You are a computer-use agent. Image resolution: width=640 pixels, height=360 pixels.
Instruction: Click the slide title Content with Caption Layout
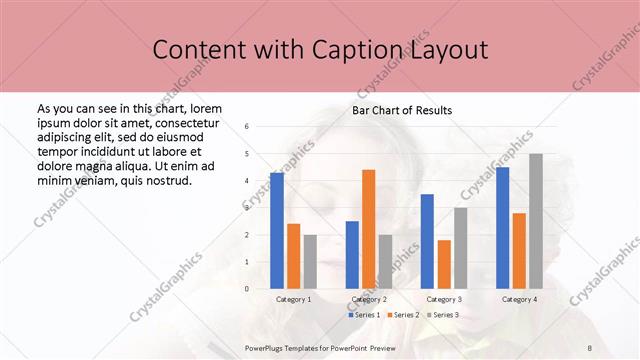click(x=320, y=49)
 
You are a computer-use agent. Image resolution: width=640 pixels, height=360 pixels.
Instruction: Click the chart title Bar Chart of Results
click(x=402, y=110)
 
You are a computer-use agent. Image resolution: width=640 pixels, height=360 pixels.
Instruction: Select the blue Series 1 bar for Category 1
click(x=277, y=231)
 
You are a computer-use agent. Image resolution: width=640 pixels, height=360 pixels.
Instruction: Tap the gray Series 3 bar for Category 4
click(x=536, y=221)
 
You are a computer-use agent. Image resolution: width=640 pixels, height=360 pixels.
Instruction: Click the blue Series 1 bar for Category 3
click(x=427, y=241)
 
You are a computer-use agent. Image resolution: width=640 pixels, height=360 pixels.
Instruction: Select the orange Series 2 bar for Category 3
click(x=444, y=264)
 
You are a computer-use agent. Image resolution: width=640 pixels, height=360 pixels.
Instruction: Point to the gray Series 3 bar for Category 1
click(x=310, y=261)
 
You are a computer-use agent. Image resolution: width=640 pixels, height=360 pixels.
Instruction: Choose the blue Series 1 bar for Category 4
click(x=502, y=228)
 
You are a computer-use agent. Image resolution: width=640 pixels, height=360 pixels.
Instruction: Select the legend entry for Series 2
click(x=404, y=315)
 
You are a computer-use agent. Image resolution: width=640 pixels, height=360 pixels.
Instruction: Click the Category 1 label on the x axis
click(x=294, y=299)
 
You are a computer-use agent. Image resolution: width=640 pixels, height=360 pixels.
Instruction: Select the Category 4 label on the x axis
click(x=519, y=299)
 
